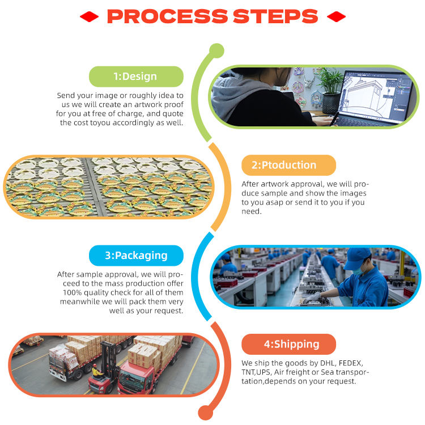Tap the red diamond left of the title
coord(89,16)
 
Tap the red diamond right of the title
coord(336,16)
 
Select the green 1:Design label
coord(136,76)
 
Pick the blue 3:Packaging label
coord(136,256)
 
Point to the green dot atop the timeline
coord(216,52)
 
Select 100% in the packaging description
coord(69,292)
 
